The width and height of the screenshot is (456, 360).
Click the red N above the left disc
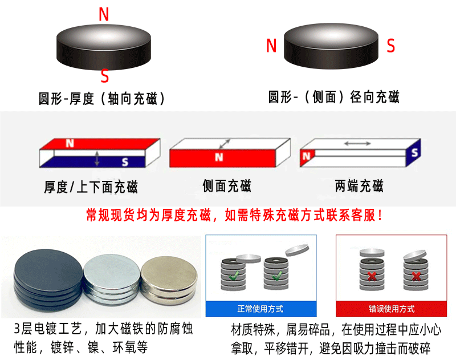tap(104, 14)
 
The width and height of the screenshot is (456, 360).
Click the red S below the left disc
tap(104, 76)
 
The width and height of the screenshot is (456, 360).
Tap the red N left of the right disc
tap(271, 46)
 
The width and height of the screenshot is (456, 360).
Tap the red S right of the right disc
tap(390, 46)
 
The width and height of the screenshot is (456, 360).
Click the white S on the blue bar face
tap(125, 162)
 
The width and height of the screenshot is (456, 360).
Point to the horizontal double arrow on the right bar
tap(357, 143)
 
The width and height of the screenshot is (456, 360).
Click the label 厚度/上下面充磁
tap(91, 187)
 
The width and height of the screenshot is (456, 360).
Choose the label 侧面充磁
tap(227, 185)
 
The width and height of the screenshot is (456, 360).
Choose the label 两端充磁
tap(359, 185)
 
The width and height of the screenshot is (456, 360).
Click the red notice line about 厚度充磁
tap(234, 216)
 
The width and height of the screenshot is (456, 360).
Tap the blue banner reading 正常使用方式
tap(260, 309)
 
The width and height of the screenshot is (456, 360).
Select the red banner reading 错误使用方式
tap(392, 309)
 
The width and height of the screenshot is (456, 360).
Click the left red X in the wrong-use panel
tap(371, 278)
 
